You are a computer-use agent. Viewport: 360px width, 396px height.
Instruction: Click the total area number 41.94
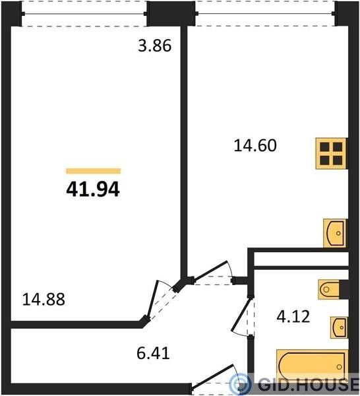[92, 189]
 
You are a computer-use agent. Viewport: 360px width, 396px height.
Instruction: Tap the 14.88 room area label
[44, 299]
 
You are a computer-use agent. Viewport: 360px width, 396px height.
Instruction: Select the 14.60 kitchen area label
[255, 145]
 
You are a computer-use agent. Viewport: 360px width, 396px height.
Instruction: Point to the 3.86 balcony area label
[155, 46]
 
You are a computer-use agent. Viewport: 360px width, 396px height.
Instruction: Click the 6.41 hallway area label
[153, 353]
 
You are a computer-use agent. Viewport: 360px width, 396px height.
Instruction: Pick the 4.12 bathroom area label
[293, 316]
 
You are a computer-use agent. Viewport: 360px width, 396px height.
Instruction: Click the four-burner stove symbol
[331, 154]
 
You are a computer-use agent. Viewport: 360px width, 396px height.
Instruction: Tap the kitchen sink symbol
[335, 233]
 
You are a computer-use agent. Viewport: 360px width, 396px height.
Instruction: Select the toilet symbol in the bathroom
[328, 289]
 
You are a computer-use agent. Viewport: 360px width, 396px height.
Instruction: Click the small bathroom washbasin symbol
[339, 327]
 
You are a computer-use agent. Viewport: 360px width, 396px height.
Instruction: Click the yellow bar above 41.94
[94, 171]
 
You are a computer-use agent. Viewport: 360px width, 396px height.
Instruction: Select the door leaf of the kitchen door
[210, 271]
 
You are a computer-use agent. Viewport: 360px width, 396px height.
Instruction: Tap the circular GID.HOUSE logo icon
[240, 385]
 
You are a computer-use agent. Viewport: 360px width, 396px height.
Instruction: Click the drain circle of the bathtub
[340, 367]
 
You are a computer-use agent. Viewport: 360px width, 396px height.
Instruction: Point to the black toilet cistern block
[344, 290]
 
